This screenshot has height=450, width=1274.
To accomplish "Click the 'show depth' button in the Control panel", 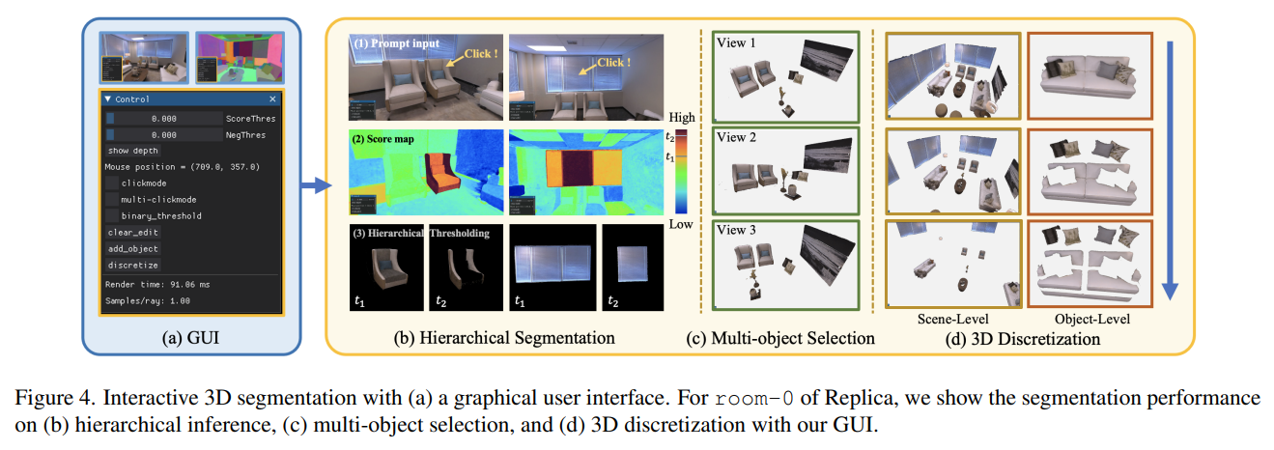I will pos(132,151).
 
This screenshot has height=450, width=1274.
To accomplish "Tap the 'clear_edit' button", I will pos(133,232).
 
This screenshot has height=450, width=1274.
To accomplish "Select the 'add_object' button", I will pos(133,248).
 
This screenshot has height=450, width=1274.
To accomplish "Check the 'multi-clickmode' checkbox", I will pos(114,199).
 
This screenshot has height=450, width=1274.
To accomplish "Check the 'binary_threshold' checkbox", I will pos(114,215).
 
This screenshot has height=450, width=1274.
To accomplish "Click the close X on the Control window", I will pos(272,99).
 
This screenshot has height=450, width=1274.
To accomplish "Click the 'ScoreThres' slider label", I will pos(250,118).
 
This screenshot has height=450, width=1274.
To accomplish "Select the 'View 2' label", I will pos(737,137).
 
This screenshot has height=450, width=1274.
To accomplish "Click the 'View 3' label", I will pos(737,230).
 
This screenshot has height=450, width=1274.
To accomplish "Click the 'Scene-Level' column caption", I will pos(951,319).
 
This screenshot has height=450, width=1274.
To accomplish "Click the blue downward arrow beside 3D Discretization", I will pos(1171,164).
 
